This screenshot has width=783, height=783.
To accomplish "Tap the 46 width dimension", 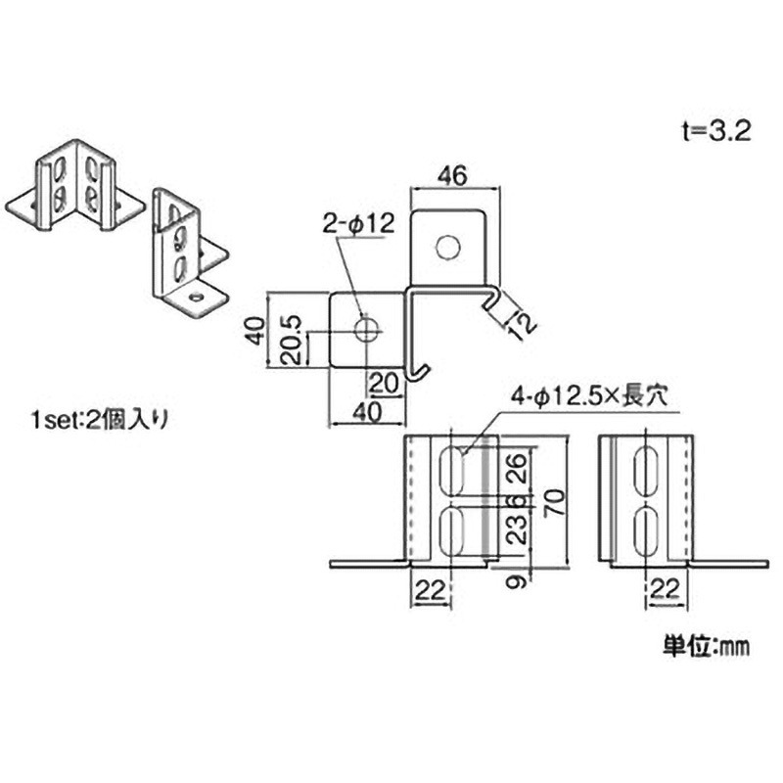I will coord(449,177).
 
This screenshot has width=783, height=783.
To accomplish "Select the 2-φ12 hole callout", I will coord(357,225).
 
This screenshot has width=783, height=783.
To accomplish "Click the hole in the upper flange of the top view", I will coord(447,249).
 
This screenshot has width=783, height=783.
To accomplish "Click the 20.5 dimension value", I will coord(290,338).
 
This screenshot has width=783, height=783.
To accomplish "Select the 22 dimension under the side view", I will coord(666,590).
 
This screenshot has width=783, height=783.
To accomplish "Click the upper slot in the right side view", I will coord(647,469).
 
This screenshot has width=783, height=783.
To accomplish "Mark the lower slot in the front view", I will coord(453,529).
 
